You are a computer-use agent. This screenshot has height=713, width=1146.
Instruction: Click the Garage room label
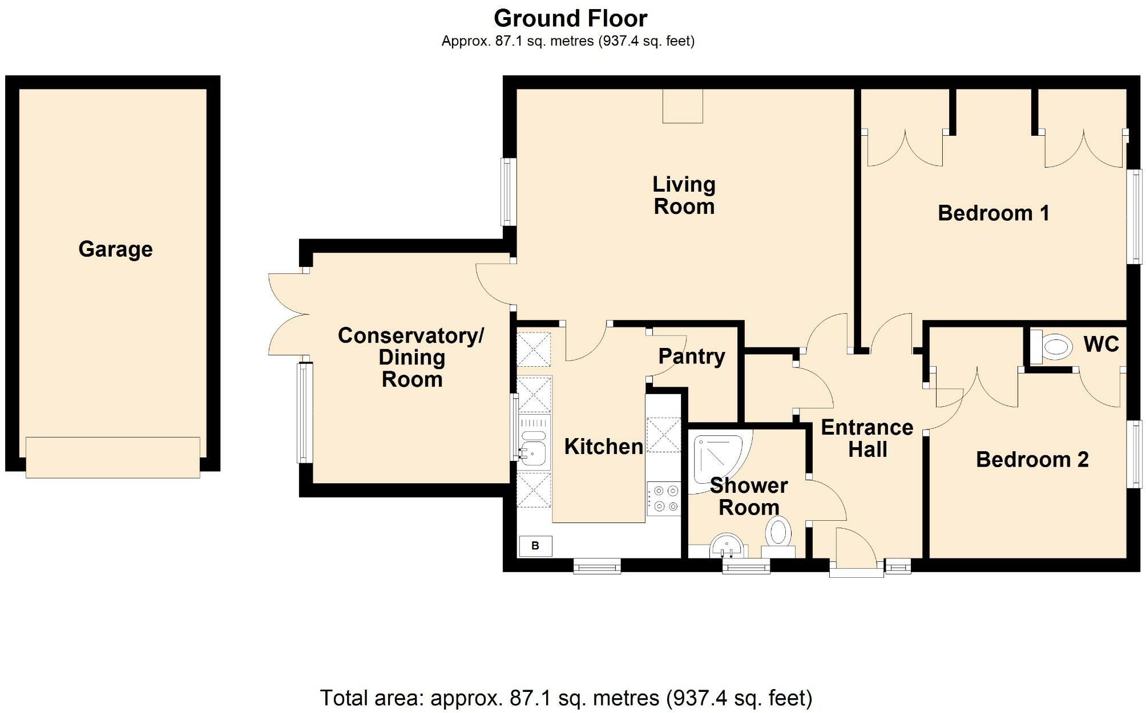pyautogui.click(x=115, y=249)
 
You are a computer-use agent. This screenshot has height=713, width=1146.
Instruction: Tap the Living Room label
pyautogui.click(x=684, y=195)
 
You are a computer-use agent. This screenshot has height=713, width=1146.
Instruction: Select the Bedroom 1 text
pyautogui.click(x=994, y=213)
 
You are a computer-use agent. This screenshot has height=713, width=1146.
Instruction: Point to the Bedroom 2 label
pyautogui.click(x=1032, y=459)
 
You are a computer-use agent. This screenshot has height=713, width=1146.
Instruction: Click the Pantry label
pyautogui.click(x=692, y=356)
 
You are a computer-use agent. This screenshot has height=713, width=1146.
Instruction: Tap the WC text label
pyautogui.click(x=1101, y=344)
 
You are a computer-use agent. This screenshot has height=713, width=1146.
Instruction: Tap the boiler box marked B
pyautogui.click(x=535, y=546)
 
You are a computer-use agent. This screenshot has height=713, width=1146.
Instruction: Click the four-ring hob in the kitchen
pyautogui.click(x=664, y=499)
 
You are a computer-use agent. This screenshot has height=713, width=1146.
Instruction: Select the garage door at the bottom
pyautogui.click(x=113, y=457)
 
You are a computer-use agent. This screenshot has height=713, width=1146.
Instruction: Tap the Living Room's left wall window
pyautogui.click(x=509, y=192)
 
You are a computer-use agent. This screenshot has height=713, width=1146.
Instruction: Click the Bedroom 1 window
pyautogui.click(x=1134, y=217)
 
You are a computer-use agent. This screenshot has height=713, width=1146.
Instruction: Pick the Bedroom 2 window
pyautogui.click(x=1134, y=454)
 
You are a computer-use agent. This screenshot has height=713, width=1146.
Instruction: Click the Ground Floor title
pyautogui.click(x=570, y=19)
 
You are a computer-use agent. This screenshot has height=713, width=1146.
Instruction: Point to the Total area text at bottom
pyautogui.click(x=566, y=698)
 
